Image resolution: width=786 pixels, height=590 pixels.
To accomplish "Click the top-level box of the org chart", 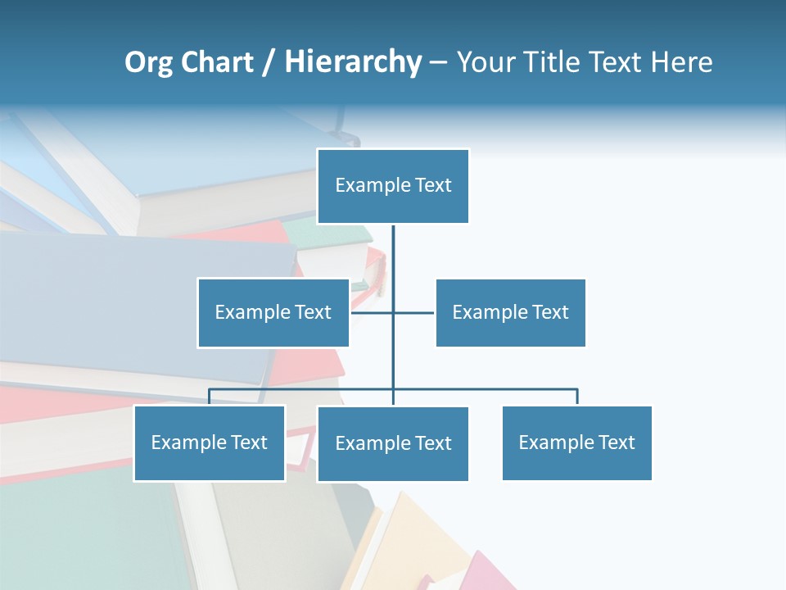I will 393,186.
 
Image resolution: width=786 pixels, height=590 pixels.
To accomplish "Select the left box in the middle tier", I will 273,312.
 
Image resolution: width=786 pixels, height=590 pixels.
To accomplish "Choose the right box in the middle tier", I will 510,312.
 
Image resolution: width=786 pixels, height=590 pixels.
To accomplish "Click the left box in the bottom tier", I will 210,443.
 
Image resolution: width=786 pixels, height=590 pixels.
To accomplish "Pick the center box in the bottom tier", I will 393,444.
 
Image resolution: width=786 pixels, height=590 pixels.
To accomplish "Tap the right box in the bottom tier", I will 576,443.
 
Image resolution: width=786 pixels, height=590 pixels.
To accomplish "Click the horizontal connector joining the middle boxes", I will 413,312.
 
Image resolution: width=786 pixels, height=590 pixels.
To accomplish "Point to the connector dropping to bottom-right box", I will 577,397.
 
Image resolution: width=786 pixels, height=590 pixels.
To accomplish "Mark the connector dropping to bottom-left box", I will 210,397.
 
